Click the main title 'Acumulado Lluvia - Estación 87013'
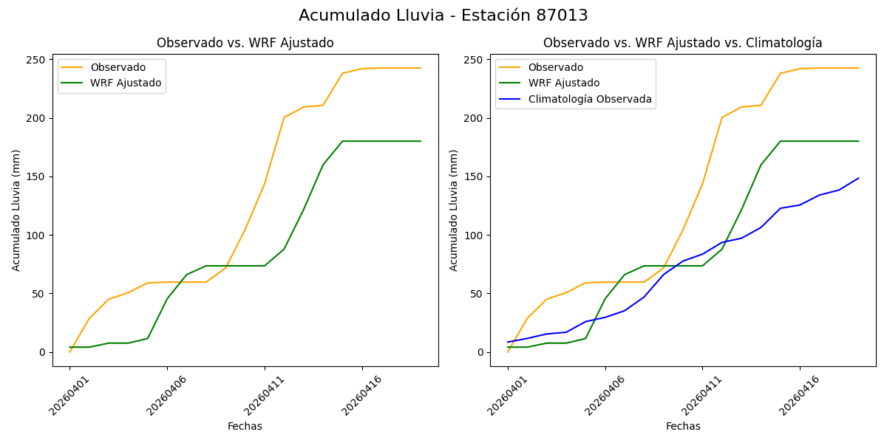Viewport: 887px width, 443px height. pyautogui.click(x=443, y=16)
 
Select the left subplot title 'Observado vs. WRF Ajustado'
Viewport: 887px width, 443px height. pyautogui.click(x=245, y=44)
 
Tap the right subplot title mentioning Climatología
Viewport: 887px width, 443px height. pyautogui.click(x=682, y=44)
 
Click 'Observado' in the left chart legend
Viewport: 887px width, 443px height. pyautogui.click(x=118, y=68)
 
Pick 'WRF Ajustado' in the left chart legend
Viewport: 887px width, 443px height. pyautogui.click(x=126, y=83)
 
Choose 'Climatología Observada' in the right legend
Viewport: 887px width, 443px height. pyautogui.click(x=589, y=100)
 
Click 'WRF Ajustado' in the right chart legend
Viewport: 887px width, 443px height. pyautogui.click(x=563, y=83)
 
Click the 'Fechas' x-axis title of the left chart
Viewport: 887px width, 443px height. pyautogui.click(x=245, y=427)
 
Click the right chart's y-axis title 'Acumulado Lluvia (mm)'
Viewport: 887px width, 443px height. pyautogui.click(x=454, y=210)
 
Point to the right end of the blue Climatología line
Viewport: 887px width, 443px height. pyautogui.click(x=858, y=178)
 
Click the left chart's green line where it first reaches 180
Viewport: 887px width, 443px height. pyautogui.click(x=342, y=141)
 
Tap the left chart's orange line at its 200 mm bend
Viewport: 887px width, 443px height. pyautogui.click(x=284, y=117)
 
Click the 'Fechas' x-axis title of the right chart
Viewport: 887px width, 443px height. pyautogui.click(x=682, y=427)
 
